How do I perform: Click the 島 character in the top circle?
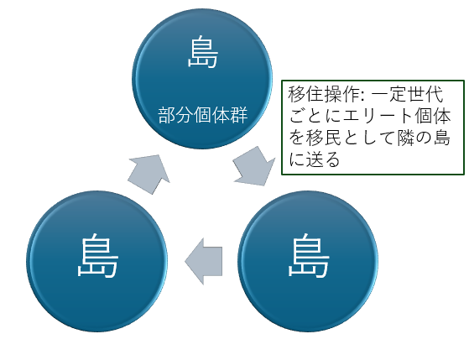pos(202,51)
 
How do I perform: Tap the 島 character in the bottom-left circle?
pos(97,256)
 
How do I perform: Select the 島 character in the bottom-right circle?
pos(309,256)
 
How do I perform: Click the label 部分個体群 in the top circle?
pos(203,115)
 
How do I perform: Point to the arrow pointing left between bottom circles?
pos(204,261)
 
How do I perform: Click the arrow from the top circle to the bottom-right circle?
pos(254,166)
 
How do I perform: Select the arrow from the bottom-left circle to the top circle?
pos(149,175)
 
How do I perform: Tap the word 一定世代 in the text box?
pos(407,94)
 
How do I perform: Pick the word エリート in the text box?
pos(378,116)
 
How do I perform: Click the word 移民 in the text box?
pos(324,138)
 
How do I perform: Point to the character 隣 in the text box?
pos(406,138)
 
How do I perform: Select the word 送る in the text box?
pos(323,159)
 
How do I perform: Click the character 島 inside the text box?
pos(442,138)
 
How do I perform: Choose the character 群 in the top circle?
pos(239,115)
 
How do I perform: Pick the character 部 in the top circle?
pos(167,115)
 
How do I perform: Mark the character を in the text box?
pos(297,138)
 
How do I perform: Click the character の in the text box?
pos(424,138)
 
